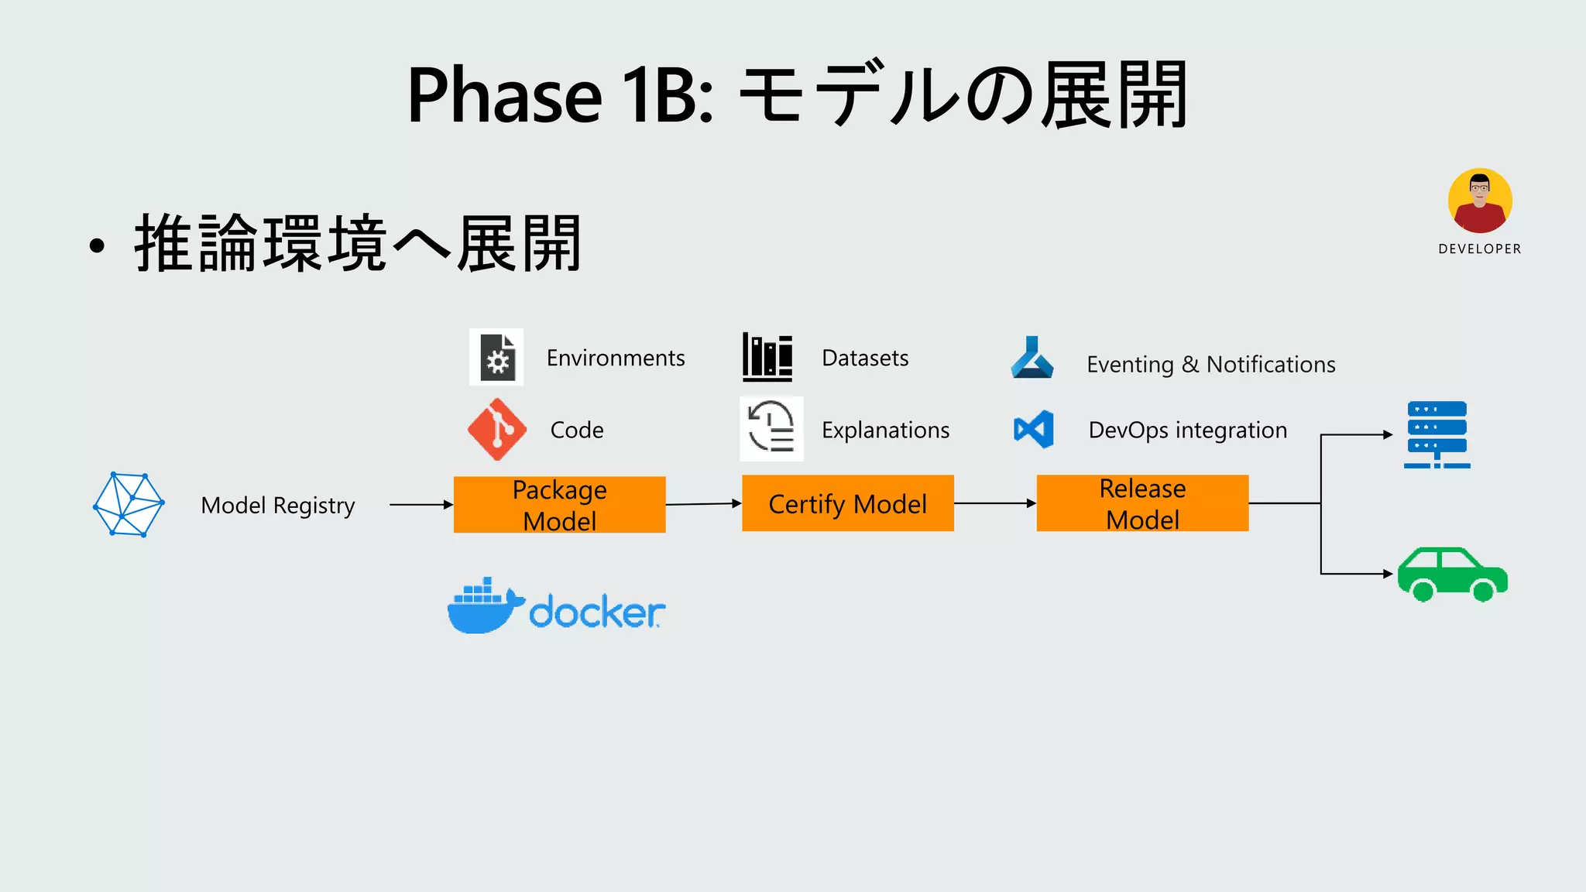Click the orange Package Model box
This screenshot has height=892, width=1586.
click(559, 504)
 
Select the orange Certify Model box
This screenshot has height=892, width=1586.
click(847, 503)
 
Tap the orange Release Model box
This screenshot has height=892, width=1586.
click(1142, 503)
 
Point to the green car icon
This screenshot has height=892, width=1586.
click(1452, 575)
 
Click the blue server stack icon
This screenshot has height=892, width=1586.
click(1437, 434)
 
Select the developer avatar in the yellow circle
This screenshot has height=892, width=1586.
click(1480, 201)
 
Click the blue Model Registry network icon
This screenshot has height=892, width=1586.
click(129, 504)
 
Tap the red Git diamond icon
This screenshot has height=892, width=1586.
click(497, 429)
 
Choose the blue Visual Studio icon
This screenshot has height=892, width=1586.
click(1034, 429)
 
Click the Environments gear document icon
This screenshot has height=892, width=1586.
click(496, 357)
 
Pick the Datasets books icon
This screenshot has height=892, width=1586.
click(767, 357)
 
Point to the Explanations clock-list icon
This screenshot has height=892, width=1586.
click(771, 428)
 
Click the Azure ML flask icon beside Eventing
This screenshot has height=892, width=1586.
click(1032, 358)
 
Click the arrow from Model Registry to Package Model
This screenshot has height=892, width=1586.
click(421, 505)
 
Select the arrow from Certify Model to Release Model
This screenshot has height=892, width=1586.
click(994, 503)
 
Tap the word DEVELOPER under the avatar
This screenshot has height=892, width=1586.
click(1479, 249)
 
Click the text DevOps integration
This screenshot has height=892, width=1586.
click(1187, 430)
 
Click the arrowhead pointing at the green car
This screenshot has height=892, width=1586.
click(1388, 574)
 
